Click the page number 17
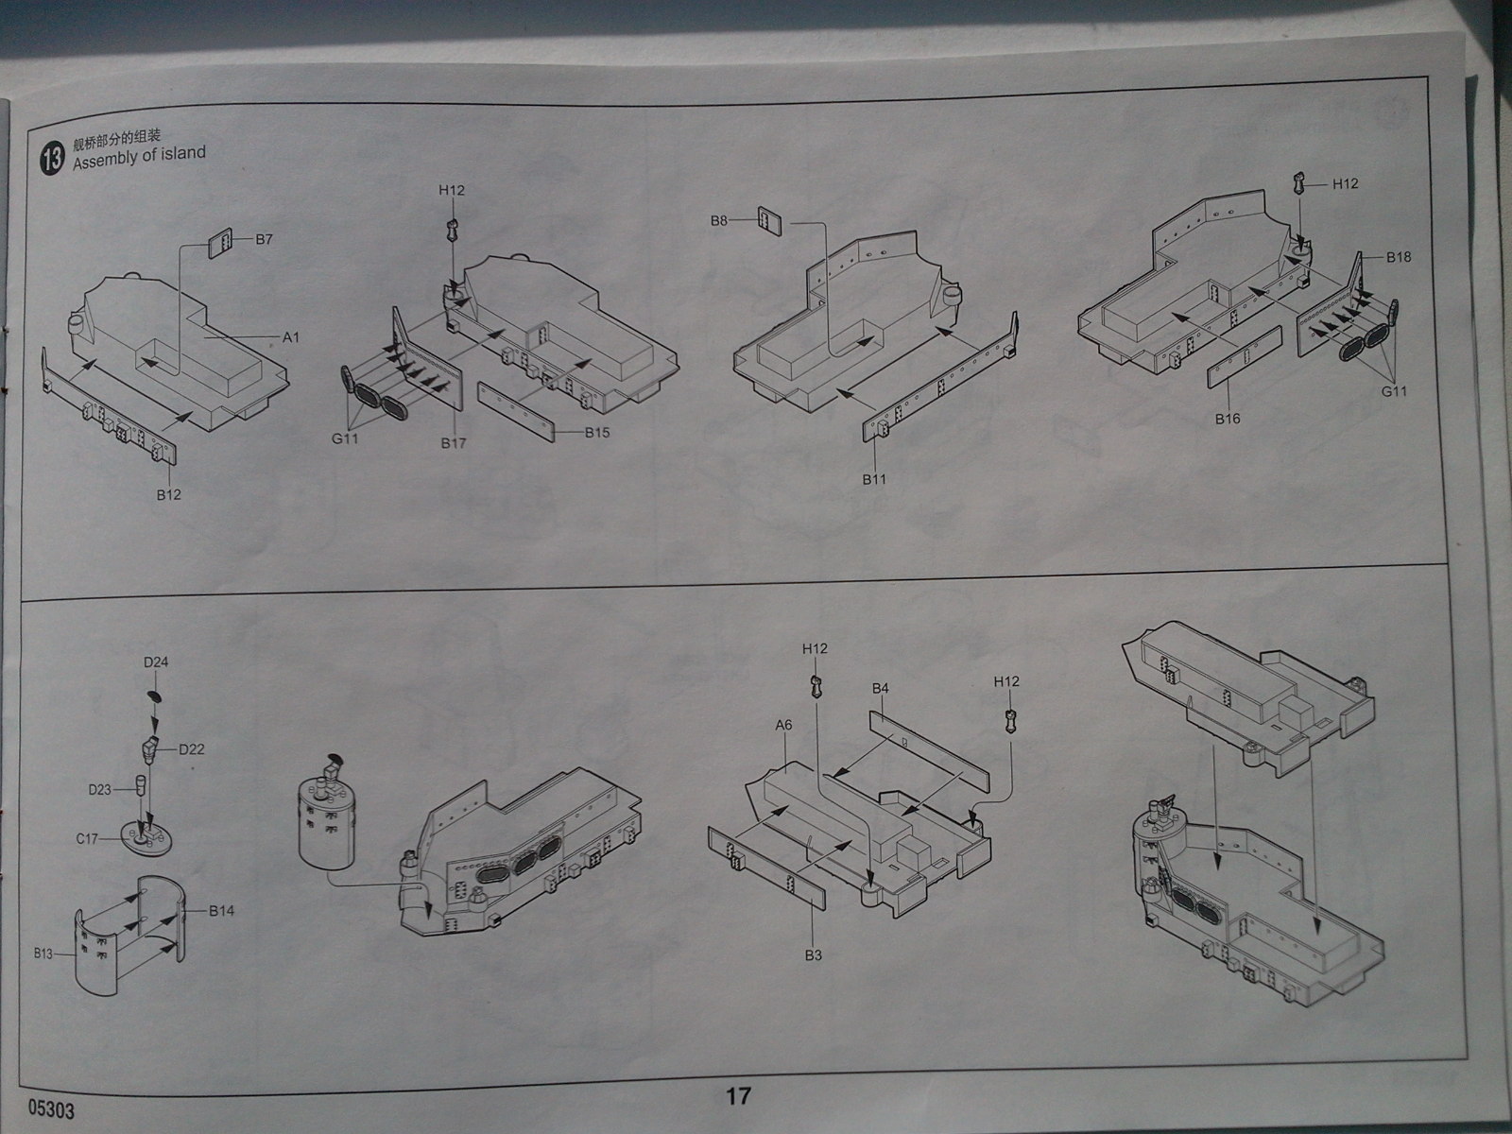click(x=738, y=1095)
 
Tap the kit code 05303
click(x=52, y=1110)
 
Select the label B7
click(x=264, y=239)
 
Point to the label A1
click(x=290, y=336)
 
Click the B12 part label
click(x=169, y=494)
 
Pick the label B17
click(x=454, y=441)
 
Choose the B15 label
click(x=597, y=432)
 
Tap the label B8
click(x=720, y=221)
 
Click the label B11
click(x=874, y=479)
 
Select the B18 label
click(x=1399, y=257)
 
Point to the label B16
click(x=1228, y=419)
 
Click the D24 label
click(x=156, y=662)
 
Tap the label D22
click(x=192, y=749)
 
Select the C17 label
click(x=88, y=837)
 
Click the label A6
click(x=782, y=725)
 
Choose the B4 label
click(x=881, y=688)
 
